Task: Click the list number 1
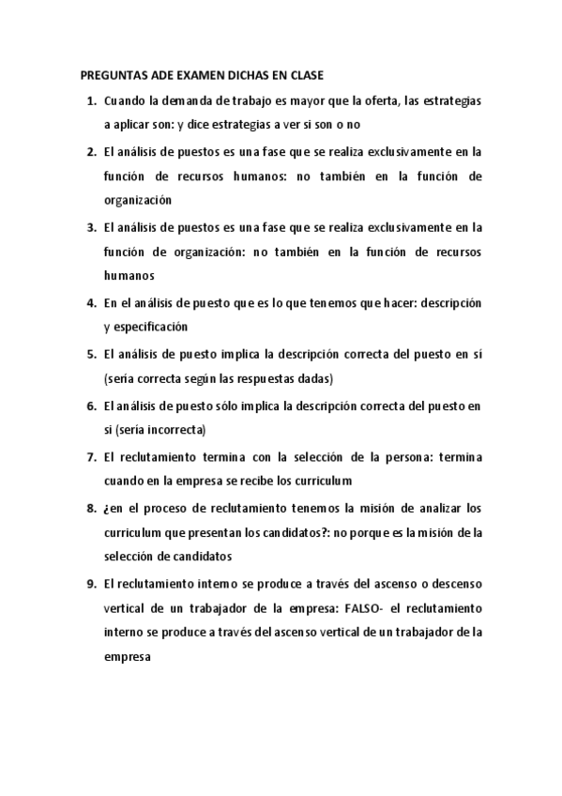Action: coord(90,100)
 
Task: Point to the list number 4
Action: coord(90,303)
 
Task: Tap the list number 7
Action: coord(90,457)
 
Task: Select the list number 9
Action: coord(90,583)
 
